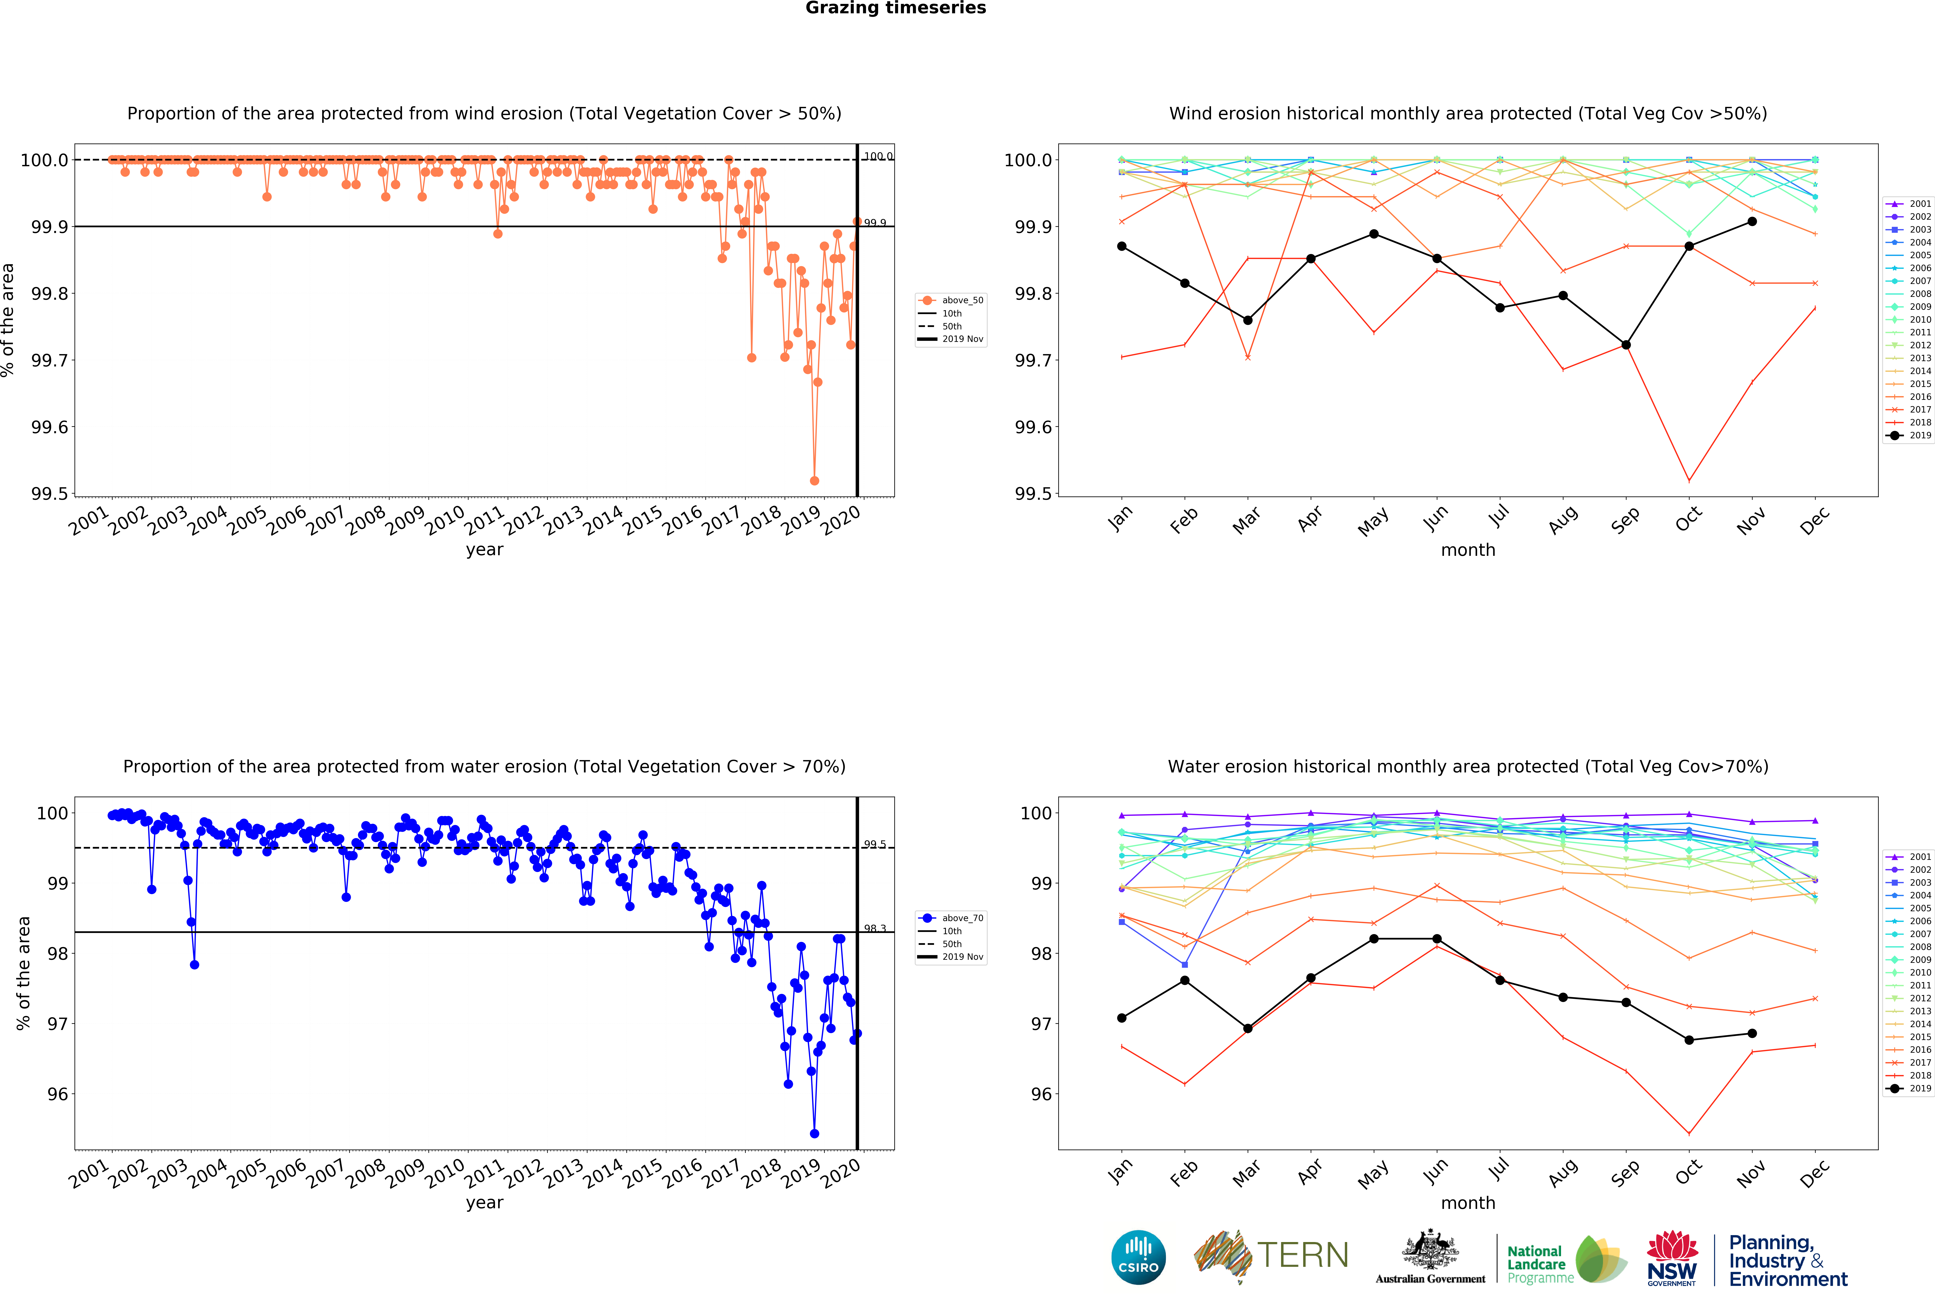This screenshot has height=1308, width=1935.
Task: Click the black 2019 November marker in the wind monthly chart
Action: pyautogui.click(x=1752, y=222)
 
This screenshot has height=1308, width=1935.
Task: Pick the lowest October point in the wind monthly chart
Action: pyautogui.click(x=1689, y=480)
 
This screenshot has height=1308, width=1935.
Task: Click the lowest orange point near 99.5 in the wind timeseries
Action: pyautogui.click(x=814, y=480)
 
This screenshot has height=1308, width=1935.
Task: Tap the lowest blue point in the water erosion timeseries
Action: pyautogui.click(x=814, y=1133)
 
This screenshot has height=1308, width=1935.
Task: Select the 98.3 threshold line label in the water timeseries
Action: pyautogui.click(x=874, y=928)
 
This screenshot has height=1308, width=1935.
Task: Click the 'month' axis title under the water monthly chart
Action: pyautogui.click(x=1468, y=1203)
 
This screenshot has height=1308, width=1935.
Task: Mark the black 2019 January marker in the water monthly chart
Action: pyautogui.click(x=1122, y=1017)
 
